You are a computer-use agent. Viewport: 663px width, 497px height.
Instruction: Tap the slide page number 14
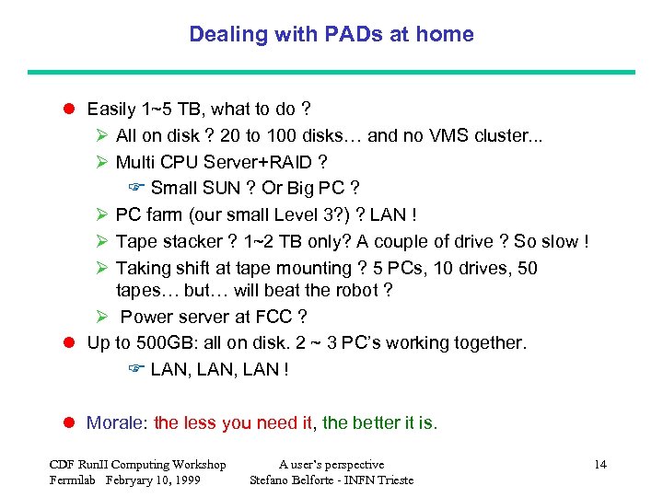pyautogui.click(x=600, y=465)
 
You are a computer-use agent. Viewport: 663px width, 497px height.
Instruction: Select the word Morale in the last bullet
pyautogui.click(x=114, y=423)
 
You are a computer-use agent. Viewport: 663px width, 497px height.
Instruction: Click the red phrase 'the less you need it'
pyautogui.click(x=233, y=423)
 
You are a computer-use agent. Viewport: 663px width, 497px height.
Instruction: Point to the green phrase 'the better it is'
pyautogui.click(x=378, y=423)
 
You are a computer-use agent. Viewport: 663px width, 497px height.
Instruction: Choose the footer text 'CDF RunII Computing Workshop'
pyautogui.click(x=137, y=465)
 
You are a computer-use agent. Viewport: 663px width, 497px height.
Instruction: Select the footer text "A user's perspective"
pyautogui.click(x=331, y=465)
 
